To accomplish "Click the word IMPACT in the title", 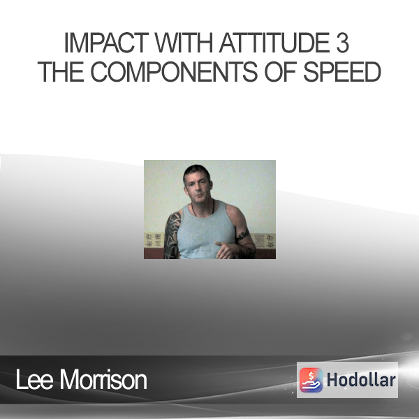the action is point(107,43).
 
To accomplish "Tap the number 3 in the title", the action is point(342,43).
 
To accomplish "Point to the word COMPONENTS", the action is point(174,72).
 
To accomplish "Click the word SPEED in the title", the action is point(342,72).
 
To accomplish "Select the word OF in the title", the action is point(280,72).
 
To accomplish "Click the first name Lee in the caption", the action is point(34,380).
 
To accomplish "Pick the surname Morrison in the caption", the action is point(103,380).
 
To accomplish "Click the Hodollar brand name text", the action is point(361,380).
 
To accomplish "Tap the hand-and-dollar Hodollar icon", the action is point(311,380).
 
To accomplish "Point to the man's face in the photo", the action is point(198,188).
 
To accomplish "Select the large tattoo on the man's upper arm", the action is point(172,235).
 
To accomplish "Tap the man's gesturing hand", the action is point(226,250).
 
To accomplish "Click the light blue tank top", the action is point(206,232).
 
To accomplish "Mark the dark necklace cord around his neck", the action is point(203,209).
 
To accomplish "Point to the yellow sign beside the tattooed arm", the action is point(153,240).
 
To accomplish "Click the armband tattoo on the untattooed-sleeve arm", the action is point(244,235).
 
